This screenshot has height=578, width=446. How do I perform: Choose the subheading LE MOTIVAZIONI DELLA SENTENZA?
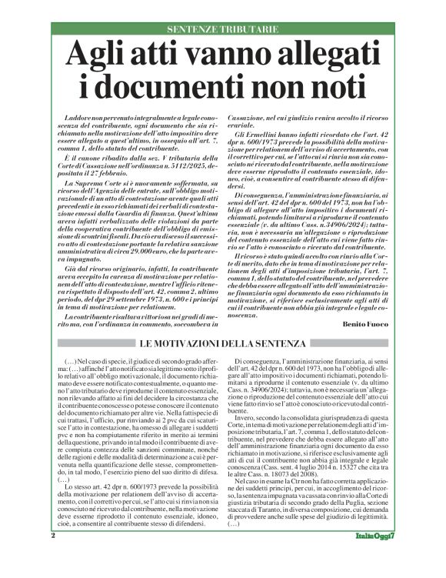[222, 341]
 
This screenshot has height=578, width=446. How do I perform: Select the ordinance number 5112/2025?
[175, 165]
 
